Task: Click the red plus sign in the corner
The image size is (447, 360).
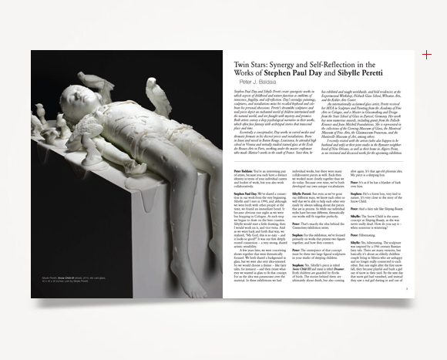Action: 426,54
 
